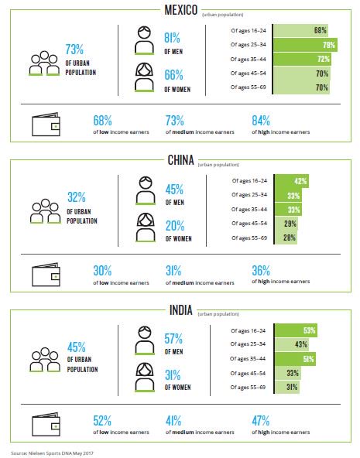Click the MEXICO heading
(181, 10)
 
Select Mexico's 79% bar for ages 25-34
(305, 45)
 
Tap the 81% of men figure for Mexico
(172, 38)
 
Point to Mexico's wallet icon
(46, 124)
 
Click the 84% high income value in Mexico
(261, 121)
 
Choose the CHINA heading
(181, 160)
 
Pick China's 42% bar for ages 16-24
(292, 181)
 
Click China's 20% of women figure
(175, 226)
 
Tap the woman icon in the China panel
(146, 227)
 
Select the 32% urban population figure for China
(77, 197)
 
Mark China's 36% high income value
(261, 271)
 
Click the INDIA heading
(181, 310)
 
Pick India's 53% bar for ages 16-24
(296, 330)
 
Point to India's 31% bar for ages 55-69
(287, 387)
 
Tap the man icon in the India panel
(145, 340)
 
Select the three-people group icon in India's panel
(45, 360)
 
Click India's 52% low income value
(102, 421)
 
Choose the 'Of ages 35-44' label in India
(248, 358)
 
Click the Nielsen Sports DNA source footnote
(53, 453)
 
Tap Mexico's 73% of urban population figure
(74, 50)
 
